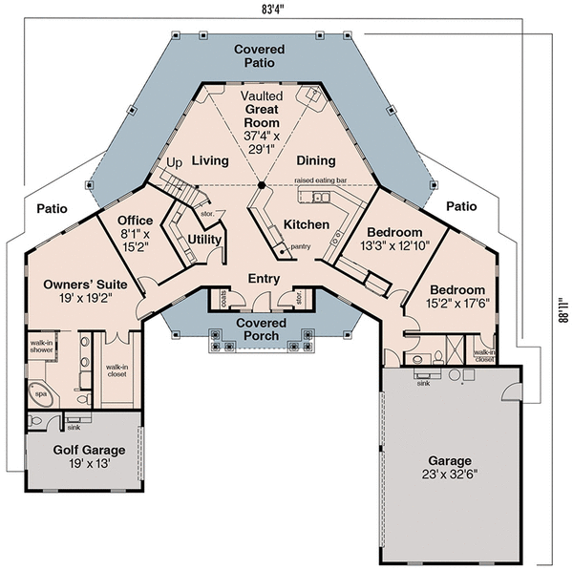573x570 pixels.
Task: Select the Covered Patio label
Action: (x=258, y=54)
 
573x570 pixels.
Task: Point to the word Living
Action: (x=210, y=161)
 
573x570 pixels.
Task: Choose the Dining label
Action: (x=315, y=161)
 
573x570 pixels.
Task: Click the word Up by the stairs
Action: (x=174, y=163)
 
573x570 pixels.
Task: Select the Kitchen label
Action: (x=307, y=224)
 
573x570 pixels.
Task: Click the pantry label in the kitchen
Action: (x=300, y=246)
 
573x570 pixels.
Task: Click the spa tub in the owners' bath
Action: (x=40, y=392)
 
